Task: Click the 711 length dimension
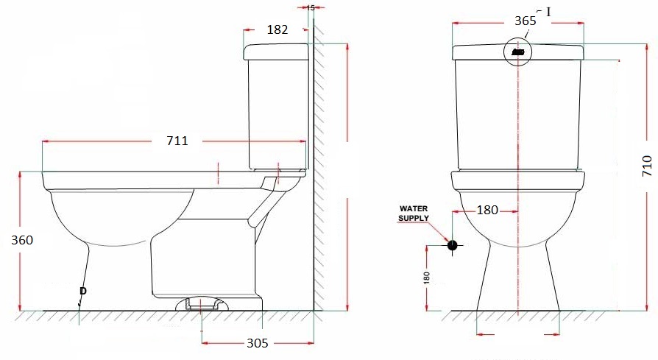(177, 141)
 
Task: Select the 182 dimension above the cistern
(277, 29)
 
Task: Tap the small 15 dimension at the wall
(310, 7)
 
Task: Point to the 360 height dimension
(23, 240)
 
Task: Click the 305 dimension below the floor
(256, 343)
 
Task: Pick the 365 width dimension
(525, 21)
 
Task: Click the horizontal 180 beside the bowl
(487, 211)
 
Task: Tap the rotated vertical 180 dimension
(427, 278)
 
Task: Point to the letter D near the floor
(82, 292)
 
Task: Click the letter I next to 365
(548, 12)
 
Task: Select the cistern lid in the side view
(276, 51)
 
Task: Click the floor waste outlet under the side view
(202, 303)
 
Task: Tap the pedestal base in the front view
(518, 280)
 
